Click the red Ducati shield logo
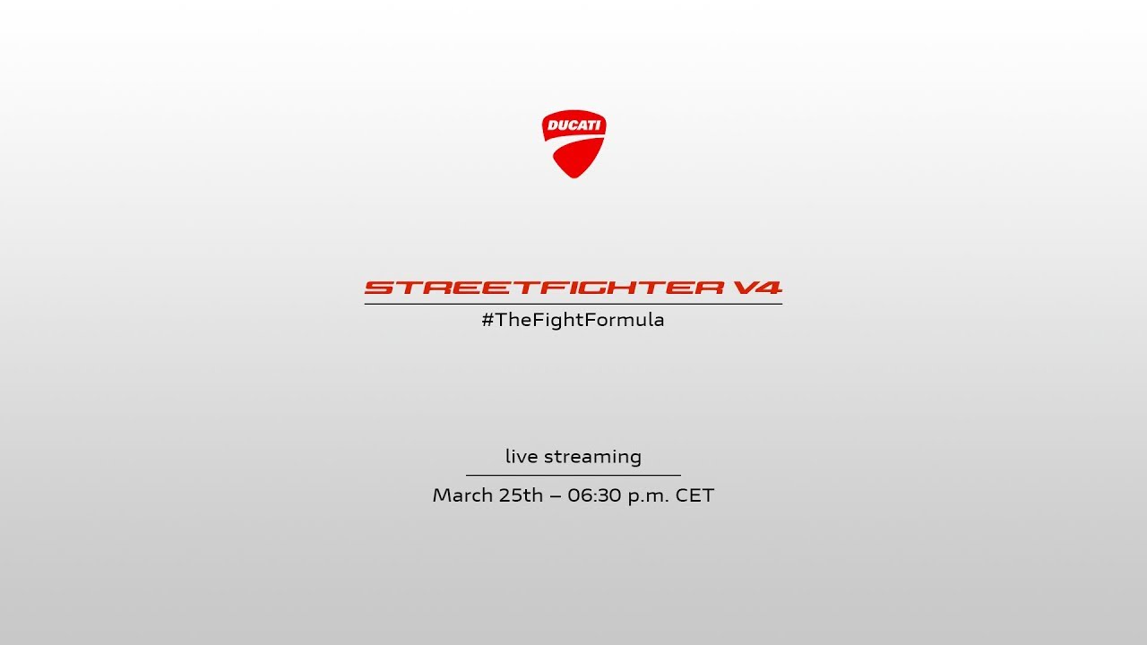[574, 144]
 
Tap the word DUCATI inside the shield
[574, 125]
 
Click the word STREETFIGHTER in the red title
[544, 288]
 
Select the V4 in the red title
[757, 288]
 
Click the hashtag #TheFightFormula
[573, 320]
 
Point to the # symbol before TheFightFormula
[487, 320]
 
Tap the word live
[522, 456]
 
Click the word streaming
[592, 457]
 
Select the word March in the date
[460, 495]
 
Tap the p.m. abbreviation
[648, 496]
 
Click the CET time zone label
[694, 495]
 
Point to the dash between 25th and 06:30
[555, 496]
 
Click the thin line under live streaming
[573, 475]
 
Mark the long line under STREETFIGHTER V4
[573, 304]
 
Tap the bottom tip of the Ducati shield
[574, 178]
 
